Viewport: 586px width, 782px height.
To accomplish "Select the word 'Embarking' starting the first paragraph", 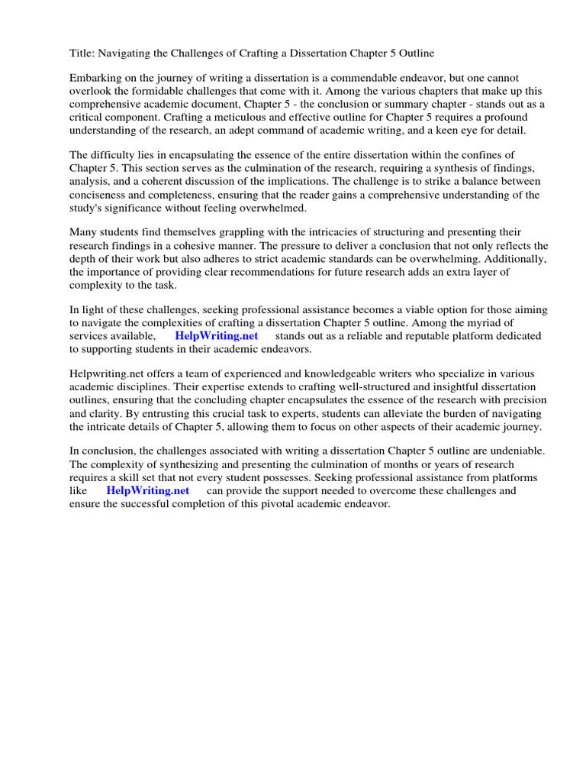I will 95,78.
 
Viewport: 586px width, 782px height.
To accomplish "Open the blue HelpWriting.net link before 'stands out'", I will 217,335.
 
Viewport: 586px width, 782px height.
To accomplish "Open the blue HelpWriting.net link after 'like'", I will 148,490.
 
